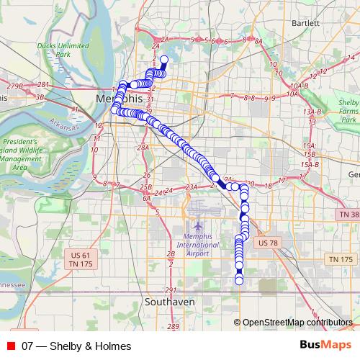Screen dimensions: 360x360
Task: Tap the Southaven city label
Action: (x=170, y=302)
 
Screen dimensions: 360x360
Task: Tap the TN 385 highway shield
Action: (x=348, y=215)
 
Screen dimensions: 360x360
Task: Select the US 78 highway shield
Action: (x=267, y=243)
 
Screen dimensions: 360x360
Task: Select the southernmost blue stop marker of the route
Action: (x=240, y=280)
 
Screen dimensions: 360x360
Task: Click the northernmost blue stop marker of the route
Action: (x=163, y=60)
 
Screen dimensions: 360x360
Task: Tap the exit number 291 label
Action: (x=170, y=289)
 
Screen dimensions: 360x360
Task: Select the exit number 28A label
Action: (x=143, y=148)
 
